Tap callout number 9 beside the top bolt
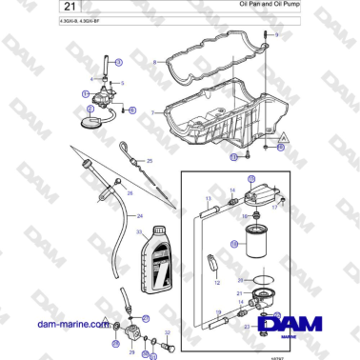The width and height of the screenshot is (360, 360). pyautogui.click(x=276, y=33)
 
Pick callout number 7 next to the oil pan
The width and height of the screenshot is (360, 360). pyautogui.click(x=151, y=111)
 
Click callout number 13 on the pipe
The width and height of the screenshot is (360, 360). pyautogui.click(x=208, y=198)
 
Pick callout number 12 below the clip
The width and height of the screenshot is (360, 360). pyautogui.click(x=217, y=283)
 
